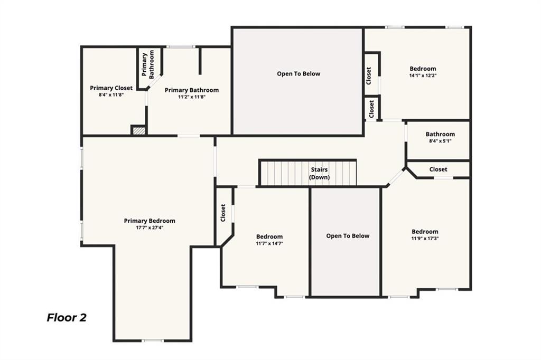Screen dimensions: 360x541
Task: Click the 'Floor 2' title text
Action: point(67,317)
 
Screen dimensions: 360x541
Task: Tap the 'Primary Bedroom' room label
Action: point(150,221)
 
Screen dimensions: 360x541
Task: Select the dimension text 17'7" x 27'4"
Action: point(150,228)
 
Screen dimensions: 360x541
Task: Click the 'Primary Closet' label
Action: point(111,88)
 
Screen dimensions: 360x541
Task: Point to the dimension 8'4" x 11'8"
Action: point(111,95)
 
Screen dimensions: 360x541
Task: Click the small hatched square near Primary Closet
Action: point(138,130)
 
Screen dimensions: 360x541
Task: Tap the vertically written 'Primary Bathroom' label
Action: point(148,64)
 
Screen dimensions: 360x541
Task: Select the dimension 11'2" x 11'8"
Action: point(191,97)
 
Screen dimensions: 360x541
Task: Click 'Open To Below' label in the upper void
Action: point(299,74)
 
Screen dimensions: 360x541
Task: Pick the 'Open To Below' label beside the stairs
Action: point(348,236)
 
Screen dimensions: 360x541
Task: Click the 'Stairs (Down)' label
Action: point(319,173)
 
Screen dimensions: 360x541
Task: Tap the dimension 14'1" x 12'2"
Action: point(423,75)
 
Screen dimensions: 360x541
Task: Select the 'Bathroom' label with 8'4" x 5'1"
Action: point(440,134)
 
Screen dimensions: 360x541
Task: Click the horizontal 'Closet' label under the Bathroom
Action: point(438,169)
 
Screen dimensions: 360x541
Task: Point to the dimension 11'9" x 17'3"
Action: point(425,239)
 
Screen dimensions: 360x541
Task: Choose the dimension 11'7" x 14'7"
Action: point(269,243)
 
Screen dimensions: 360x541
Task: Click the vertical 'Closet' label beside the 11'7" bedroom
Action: point(223,213)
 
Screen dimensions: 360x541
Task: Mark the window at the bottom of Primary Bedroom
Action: point(153,340)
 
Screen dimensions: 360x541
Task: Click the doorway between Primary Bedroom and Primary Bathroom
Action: point(189,136)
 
